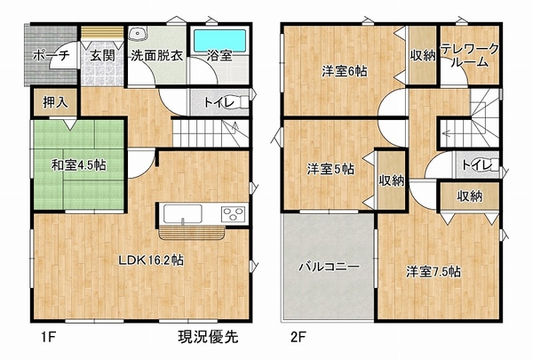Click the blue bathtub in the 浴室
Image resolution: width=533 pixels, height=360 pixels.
(x=219, y=41)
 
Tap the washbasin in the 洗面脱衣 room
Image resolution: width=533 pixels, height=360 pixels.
(x=138, y=34)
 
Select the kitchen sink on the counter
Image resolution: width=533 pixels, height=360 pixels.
(x=182, y=213)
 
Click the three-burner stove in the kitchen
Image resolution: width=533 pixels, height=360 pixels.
(x=233, y=214)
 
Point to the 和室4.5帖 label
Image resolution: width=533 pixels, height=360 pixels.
(x=78, y=165)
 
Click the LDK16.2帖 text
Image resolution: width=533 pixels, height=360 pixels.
(x=151, y=260)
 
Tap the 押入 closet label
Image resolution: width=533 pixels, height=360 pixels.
(x=55, y=102)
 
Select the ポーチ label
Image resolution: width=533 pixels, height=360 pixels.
(x=51, y=55)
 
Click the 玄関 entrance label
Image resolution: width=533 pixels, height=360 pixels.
(x=102, y=55)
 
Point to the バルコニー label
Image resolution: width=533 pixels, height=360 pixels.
(x=329, y=267)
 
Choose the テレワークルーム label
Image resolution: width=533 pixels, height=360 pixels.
(x=470, y=55)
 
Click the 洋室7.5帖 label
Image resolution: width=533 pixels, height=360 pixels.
(x=434, y=272)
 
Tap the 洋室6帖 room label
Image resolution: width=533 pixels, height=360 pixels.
(x=345, y=71)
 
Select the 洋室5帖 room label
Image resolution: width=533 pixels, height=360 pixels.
(x=330, y=169)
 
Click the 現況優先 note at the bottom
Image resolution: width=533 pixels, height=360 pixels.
(x=209, y=337)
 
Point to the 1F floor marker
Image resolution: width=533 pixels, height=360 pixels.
(x=48, y=337)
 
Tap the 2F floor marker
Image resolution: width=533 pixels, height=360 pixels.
(x=298, y=337)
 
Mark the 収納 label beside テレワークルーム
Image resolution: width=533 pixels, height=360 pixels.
(x=422, y=55)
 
